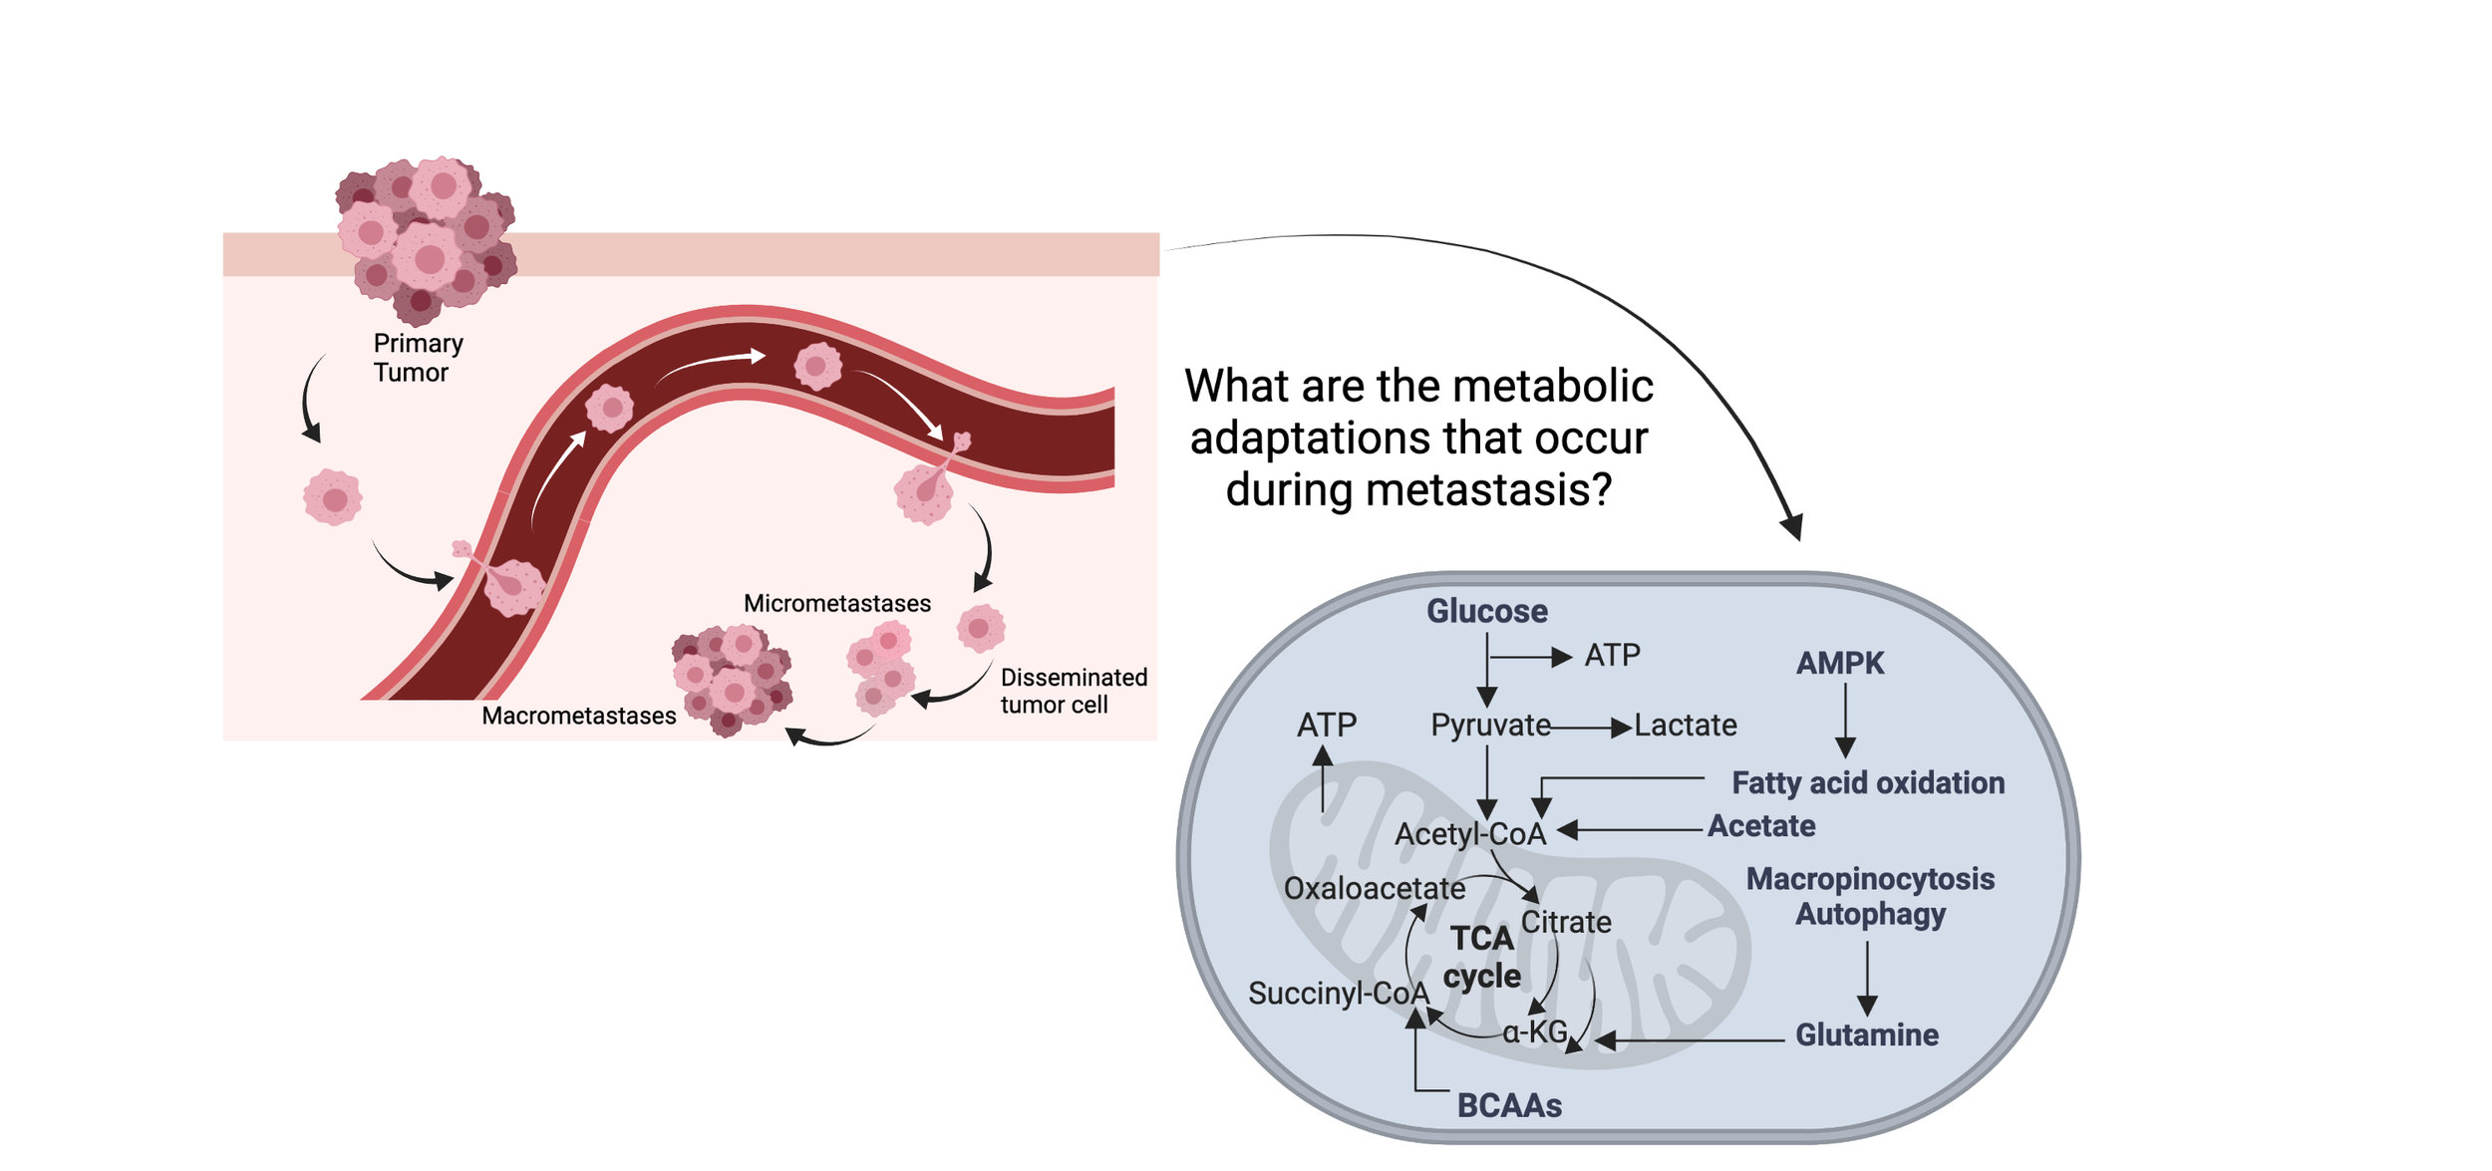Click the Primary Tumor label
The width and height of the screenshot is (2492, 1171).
[x=418, y=358]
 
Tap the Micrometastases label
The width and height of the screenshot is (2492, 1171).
[x=837, y=603]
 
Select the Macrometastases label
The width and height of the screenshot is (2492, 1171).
[x=578, y=716]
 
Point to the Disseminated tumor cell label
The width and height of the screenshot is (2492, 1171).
[x=1074, y=691]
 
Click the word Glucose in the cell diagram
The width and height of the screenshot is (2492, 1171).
[x=1486, y=611]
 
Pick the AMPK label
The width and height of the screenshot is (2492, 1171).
[x=1839, y=663]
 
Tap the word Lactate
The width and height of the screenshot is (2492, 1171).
[x=1685, y=725]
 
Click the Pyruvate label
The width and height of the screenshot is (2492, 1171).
[x=1490, y=726]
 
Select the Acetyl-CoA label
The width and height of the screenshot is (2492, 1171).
[x=1470, y=834]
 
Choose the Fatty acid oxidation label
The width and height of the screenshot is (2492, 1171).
[x=1868, y=783]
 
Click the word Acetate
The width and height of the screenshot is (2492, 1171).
[x=1761, y=826]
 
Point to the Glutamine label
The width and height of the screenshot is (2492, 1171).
[x=1867, y=1034]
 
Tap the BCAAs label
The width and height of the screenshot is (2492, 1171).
[x=1509, y=1105]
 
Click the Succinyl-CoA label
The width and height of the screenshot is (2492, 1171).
[x=1339, y=993]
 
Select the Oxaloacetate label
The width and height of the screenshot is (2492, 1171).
[x=1374, y=888]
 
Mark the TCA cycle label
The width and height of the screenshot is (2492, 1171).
[x=1482, y=957]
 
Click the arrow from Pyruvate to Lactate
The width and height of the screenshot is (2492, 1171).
[x=1591, y=729]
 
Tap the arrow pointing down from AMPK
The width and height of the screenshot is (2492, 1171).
[x=1845, y=721]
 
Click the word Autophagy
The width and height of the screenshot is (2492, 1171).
[x=1870, y=915]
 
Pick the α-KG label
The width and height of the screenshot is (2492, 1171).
[x=1535, y=1031]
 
